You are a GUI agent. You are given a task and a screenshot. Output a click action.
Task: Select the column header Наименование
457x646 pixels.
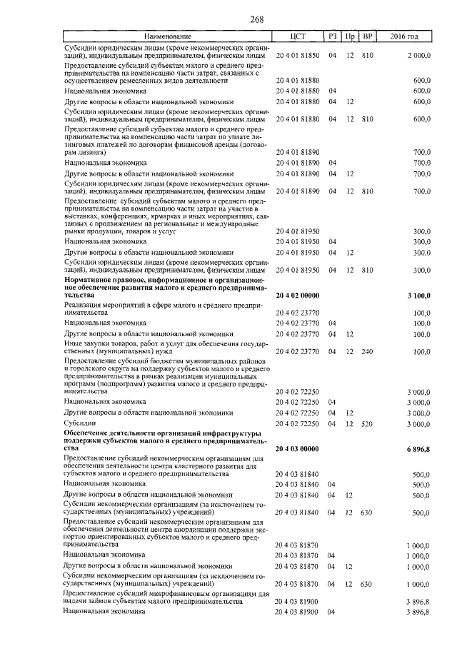coord(168,36)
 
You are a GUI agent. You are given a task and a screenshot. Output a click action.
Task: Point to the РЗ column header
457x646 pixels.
coord(332,36)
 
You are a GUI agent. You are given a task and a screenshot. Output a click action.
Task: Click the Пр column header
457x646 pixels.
coord(350,36)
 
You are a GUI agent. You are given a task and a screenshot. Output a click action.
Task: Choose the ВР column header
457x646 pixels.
coord(368,36)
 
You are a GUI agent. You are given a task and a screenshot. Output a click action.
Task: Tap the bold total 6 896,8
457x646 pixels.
coord(416,448)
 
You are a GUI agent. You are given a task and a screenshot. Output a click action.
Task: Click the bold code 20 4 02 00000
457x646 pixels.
coord(297,296)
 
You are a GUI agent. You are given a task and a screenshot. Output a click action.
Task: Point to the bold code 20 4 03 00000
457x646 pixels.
coord(297,448)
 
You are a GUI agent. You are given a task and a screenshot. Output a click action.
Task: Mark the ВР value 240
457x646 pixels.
coord(368,352)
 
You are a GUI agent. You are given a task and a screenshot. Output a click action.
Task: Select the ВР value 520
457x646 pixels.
coord(368,424)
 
